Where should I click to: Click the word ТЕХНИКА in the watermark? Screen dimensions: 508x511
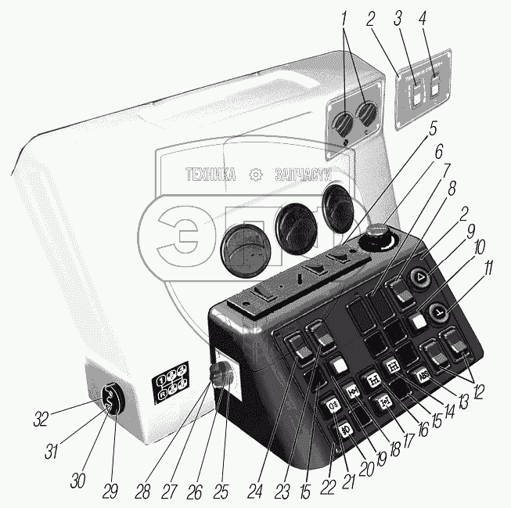point(211,176)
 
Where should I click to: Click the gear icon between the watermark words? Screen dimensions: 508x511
point(255,175)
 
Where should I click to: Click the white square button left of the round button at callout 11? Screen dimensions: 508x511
point(419,321)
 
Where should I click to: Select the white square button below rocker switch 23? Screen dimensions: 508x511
point(338,365)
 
